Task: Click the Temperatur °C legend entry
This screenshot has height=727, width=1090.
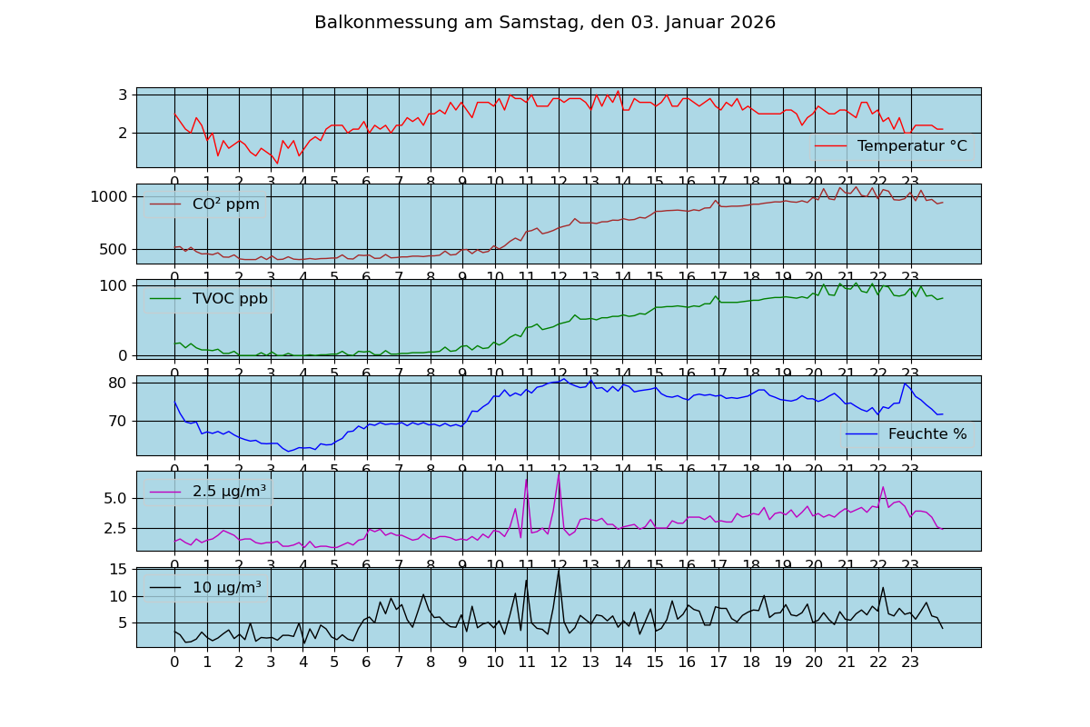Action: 911,146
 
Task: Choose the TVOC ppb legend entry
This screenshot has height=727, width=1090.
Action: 230,299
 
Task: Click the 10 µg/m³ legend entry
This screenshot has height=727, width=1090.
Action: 226,587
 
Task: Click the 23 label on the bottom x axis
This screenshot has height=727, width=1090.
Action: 910,662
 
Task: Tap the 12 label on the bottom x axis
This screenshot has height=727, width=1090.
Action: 559,662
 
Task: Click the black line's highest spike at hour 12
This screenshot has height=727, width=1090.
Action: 559,570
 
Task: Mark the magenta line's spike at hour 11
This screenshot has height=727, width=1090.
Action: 526,479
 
